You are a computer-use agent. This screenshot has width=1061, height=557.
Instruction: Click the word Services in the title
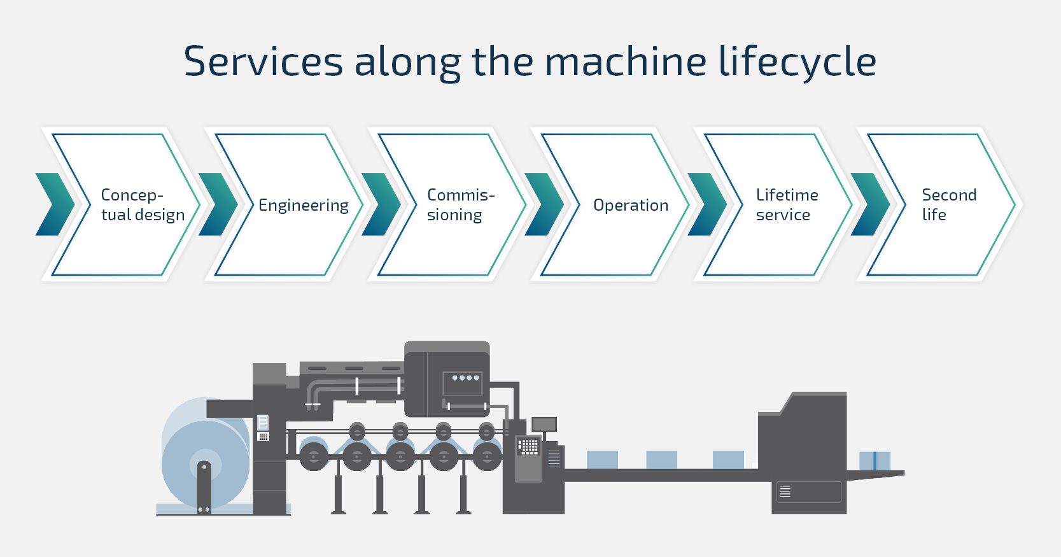(263, 62)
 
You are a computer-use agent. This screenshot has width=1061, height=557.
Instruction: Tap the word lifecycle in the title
(797, 62)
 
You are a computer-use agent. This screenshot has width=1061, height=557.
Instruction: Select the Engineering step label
(303, 206)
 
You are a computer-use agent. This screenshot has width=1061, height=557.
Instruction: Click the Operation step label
(631, 205)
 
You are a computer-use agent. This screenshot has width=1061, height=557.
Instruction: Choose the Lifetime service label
(787, 204)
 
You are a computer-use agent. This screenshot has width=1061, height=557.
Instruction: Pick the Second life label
(948, 204)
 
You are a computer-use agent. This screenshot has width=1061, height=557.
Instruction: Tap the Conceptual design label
(143, 204)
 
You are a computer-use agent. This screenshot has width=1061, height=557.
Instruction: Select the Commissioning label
(460, 204)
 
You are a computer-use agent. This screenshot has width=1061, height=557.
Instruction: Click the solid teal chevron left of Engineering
(218, 204)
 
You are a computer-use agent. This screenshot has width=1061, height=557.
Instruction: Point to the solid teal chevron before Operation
(544, 204)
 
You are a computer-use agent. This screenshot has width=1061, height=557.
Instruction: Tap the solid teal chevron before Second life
(870, 204)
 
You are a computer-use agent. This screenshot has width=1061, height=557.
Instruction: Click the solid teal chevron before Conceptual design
(55, 204)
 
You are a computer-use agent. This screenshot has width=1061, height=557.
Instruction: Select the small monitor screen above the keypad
(544, 424)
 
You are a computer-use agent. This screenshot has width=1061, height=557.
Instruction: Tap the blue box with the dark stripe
(875, 461)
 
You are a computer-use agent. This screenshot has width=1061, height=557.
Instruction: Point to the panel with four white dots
(463, 382)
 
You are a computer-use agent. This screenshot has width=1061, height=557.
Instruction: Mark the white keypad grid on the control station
(528, 446)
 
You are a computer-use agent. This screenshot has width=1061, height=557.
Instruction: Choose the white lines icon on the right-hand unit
(785, 491)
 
